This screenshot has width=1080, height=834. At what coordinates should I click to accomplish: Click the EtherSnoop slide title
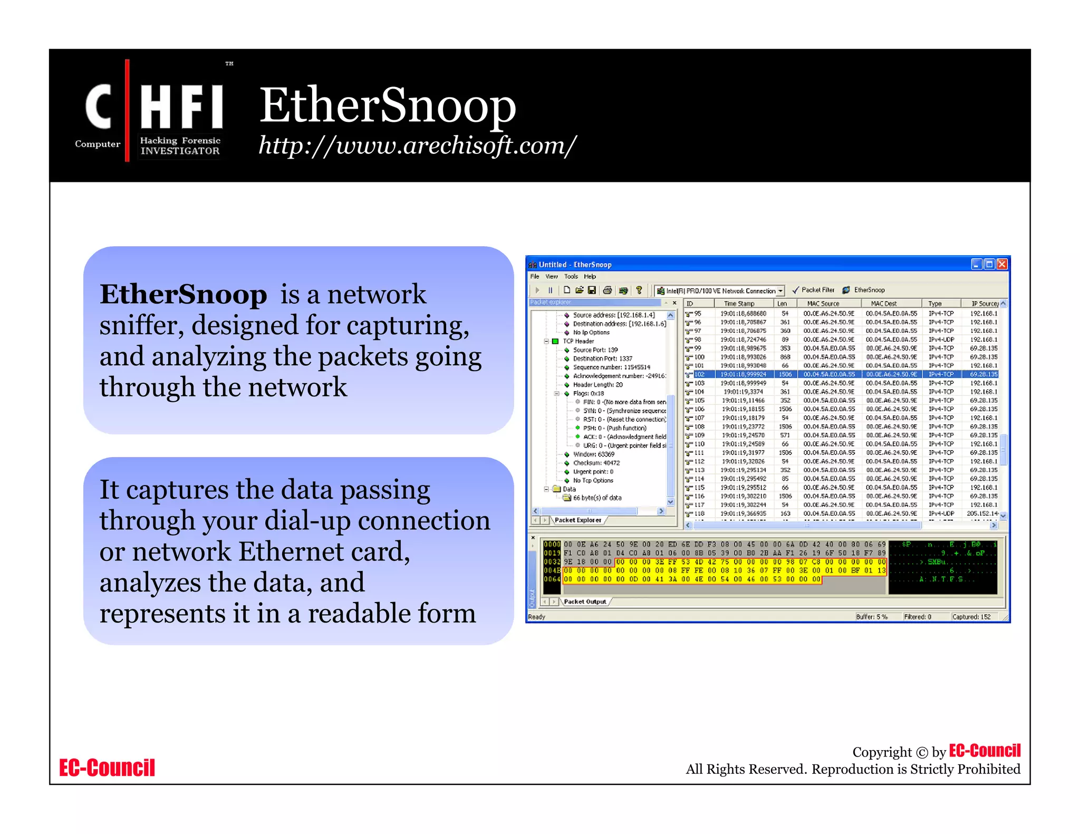387,105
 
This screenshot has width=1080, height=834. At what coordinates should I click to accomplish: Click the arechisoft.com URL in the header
417,146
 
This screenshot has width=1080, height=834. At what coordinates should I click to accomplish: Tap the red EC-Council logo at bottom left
107,768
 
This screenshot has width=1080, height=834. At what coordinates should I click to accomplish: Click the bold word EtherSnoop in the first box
183,294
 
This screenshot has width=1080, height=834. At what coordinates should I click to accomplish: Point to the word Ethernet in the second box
291,552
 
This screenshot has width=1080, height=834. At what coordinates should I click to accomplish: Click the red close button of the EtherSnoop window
1002,264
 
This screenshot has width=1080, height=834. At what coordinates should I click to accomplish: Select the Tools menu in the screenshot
571,276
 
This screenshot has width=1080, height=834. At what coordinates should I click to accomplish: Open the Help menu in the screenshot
590,276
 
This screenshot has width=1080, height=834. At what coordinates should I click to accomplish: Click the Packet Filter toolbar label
817,290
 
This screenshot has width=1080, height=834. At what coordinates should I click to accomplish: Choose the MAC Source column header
823,304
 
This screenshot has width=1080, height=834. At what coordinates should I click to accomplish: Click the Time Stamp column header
739,304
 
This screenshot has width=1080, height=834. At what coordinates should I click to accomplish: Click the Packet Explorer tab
577,520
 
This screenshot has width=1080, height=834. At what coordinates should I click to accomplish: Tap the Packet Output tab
585,602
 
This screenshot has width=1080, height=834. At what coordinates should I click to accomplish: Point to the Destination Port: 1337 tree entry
602,358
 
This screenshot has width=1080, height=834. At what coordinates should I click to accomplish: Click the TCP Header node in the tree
578,341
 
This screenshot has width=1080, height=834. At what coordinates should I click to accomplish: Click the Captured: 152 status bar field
971,617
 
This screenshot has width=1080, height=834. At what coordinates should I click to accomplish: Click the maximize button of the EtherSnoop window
989,264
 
